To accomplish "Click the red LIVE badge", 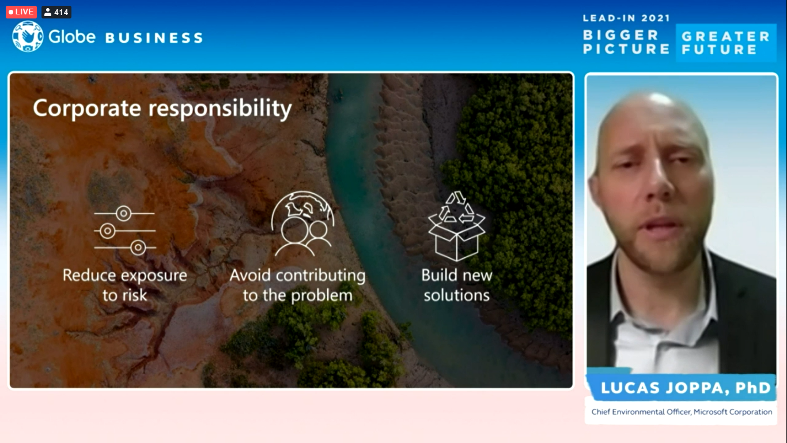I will point(21,12).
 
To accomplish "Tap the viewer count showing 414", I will point(56,12).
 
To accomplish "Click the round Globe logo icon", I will point(28,36).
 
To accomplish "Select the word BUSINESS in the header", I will point(154,38).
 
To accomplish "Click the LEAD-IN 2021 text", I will point(626,18).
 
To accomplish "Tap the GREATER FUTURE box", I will point(725,43).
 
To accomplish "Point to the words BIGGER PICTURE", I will point(626,42).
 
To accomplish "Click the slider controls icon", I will point(124,231).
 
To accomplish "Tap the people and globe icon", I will point(302,224).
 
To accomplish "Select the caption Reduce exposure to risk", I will point(124,285).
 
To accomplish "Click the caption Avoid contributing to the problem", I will point(297,285).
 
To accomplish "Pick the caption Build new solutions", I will point(457,285).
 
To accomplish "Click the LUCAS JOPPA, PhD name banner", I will point(685,388).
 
